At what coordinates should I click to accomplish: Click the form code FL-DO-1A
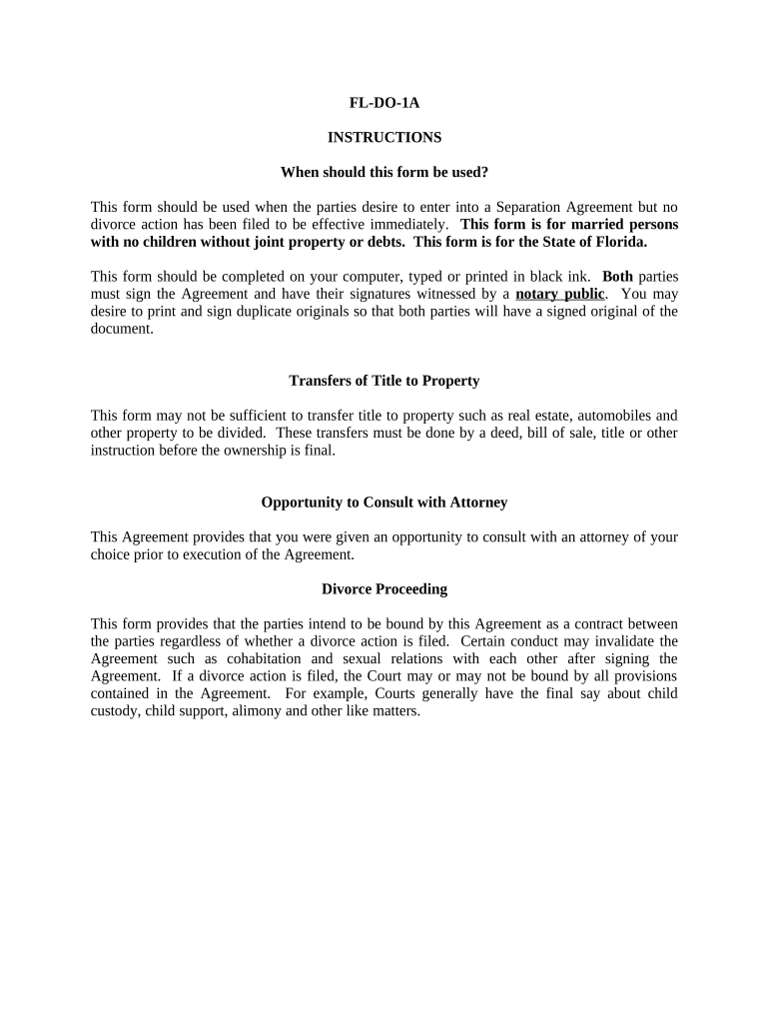[384, 102]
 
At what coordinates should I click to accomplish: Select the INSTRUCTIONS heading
[384, 137]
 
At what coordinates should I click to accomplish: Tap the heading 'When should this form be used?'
[384, 172]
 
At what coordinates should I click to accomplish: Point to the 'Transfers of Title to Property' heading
[384, 381]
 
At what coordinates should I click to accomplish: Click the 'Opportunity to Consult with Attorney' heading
[384, 503]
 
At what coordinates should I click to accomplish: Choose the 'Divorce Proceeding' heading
[384, 589]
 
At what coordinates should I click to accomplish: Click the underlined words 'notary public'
[560, 294]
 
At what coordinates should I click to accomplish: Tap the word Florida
[618, 242]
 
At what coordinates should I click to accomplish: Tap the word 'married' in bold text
[599, 224]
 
